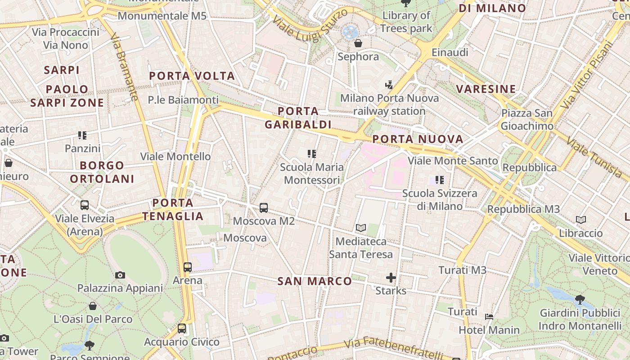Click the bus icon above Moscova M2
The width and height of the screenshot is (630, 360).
tap(264, 208)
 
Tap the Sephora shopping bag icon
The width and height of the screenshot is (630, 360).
tap(358, 43)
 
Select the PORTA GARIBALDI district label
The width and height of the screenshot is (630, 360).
tap(298, 118)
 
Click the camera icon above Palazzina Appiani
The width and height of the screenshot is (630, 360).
tap(120, 275)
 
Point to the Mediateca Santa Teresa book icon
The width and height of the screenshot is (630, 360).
tap(360, 228)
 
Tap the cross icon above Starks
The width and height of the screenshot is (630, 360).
tap(391, 278)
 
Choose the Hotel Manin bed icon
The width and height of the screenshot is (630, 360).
tap(489, 317)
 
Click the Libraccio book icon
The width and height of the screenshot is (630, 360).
tap(581, 220)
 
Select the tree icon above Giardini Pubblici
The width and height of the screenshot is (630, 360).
tap(580, 299)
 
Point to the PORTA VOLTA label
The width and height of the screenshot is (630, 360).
tap(192, 76)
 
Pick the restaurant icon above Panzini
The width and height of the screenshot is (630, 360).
tap(82, 135)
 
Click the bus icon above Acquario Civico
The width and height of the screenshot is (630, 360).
tap(182, 328)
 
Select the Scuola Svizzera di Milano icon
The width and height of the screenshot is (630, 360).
tap(440, 180)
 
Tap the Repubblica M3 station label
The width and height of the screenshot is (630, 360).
tap(523, 209)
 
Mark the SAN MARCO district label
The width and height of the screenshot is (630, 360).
tap(315, 282)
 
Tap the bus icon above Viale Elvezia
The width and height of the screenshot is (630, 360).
tap(84, 205)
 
